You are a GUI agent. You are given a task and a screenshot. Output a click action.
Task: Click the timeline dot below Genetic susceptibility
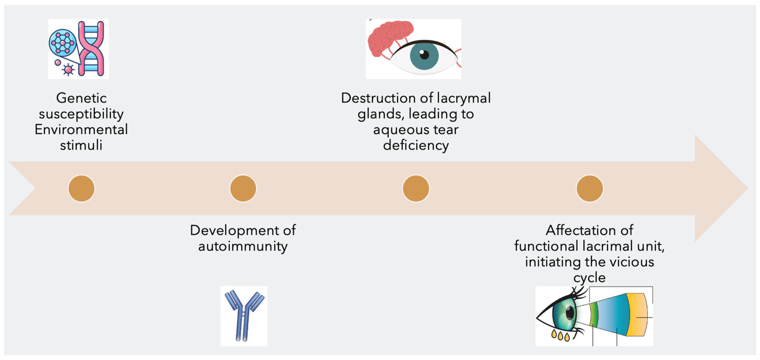tap(82, 188)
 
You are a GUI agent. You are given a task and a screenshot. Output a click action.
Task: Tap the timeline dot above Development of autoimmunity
tap(243, 188)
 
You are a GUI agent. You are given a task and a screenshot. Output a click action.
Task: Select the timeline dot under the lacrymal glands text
tap(416, 188)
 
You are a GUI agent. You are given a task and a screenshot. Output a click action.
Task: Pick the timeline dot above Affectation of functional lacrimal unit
tap(590, 188)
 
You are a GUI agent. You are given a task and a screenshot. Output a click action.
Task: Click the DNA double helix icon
tap(91, 49)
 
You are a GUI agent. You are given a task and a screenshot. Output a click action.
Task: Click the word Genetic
tap(82, 98)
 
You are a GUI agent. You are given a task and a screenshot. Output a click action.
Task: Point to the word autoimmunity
tap(243, 246)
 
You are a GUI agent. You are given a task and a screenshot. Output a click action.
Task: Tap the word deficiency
tap(416, 145)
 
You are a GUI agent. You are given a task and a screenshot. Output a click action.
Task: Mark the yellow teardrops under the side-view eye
tap(560, 336)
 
